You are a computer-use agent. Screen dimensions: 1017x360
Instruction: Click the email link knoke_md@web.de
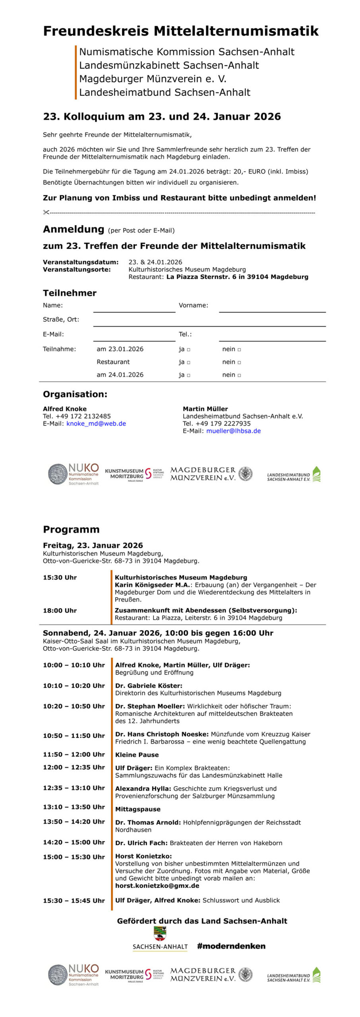click(x=96, y=423)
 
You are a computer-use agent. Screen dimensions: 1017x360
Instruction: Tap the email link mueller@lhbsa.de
click(x=233, y=431)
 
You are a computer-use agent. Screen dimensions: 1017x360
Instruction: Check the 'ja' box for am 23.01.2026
click(x=188, y=350)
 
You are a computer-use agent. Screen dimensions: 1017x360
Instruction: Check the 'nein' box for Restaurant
click(x=239, y=362)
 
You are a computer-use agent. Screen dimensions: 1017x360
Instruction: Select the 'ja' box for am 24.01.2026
click(x=188, y=375)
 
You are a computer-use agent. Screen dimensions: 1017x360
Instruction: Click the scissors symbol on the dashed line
click(x=46, y=213)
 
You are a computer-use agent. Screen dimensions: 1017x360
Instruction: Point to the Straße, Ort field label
click(x=61, y=319)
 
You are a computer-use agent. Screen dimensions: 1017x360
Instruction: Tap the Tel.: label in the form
click(x=185, y=334)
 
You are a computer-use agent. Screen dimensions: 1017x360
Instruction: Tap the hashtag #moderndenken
click(x=231, y=946)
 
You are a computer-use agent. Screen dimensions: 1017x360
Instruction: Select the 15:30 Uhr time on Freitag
click(x=60, y=578)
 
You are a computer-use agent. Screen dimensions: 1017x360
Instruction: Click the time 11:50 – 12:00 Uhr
click(x=74, y=754)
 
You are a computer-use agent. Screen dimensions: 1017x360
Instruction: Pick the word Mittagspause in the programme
click(x=137, y=809)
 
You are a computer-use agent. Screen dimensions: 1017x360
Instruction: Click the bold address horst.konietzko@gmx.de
click(x=157, y=886)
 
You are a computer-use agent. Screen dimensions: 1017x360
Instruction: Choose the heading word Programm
click(x=71, y=530)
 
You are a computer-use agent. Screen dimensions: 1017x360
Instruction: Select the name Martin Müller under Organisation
click(x=205, y=409)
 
